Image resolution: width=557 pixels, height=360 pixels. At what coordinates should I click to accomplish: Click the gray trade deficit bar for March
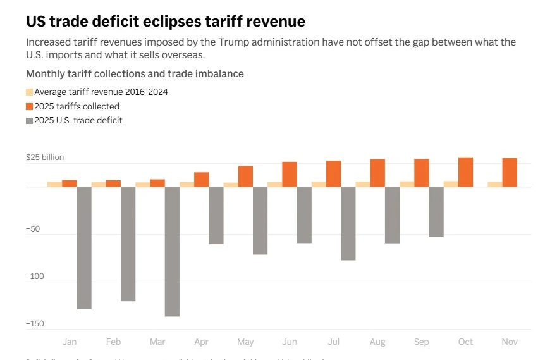coord(172,251)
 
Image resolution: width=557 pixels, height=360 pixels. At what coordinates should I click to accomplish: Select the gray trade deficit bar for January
coord(84,247)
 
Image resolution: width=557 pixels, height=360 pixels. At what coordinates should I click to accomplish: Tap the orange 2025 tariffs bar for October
coord(465,172)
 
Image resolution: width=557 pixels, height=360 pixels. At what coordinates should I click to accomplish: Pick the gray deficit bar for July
coord(348,223)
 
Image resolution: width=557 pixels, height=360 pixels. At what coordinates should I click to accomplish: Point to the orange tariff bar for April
coord(202,179)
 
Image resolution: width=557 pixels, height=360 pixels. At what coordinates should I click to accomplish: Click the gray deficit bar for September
coord(436,212)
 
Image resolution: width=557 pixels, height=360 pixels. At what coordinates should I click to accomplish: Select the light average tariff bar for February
coord(99,184)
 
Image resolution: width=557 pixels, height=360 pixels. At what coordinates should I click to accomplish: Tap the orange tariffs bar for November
coord(510,172)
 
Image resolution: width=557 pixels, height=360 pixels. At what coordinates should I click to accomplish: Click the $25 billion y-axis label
coord(45,158)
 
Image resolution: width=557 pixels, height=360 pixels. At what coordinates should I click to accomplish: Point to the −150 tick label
coord(35,324)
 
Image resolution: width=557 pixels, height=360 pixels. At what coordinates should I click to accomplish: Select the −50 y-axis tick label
coord(33,229)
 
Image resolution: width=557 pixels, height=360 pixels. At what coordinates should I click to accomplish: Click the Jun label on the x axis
coord(290,342)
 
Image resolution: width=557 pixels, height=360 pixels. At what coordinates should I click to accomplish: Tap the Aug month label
coord(377,342)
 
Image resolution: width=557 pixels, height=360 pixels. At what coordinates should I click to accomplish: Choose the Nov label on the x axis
coord(510,342)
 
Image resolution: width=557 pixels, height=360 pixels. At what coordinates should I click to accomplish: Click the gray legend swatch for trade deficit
coord(29,120)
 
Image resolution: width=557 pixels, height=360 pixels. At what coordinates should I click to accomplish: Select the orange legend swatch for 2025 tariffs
coord(29,106)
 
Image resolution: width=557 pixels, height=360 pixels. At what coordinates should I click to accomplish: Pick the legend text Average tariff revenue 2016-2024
coord(101,92)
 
